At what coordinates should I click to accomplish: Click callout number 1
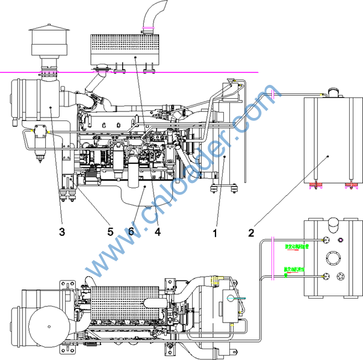click(x=215, y=231)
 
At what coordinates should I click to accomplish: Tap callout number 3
click(x=62, y=231)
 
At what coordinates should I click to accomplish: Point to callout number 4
click(x=158, y=231)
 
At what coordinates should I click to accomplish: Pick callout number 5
click(x=110, y=231)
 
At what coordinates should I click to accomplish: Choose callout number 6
click(x=131, y=231)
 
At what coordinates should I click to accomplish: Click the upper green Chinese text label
click(x=296, y=246)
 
